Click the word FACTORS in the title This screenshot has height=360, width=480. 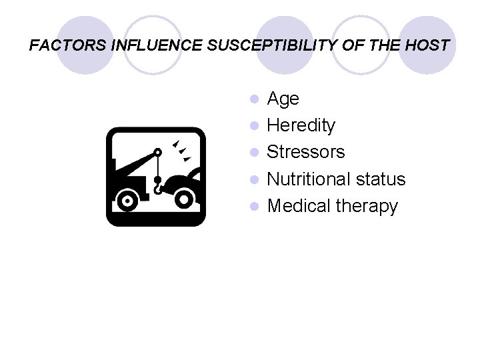pos(58,46)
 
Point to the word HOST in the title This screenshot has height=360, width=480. pos(427,46)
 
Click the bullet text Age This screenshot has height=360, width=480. pos(283,99)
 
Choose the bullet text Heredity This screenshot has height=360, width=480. pos(301,125)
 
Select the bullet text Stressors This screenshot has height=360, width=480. pos(305,152)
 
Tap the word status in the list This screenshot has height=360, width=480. pos(382,179)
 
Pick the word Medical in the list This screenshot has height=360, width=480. pos(298,206)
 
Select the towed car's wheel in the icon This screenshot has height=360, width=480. pos(185,198)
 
